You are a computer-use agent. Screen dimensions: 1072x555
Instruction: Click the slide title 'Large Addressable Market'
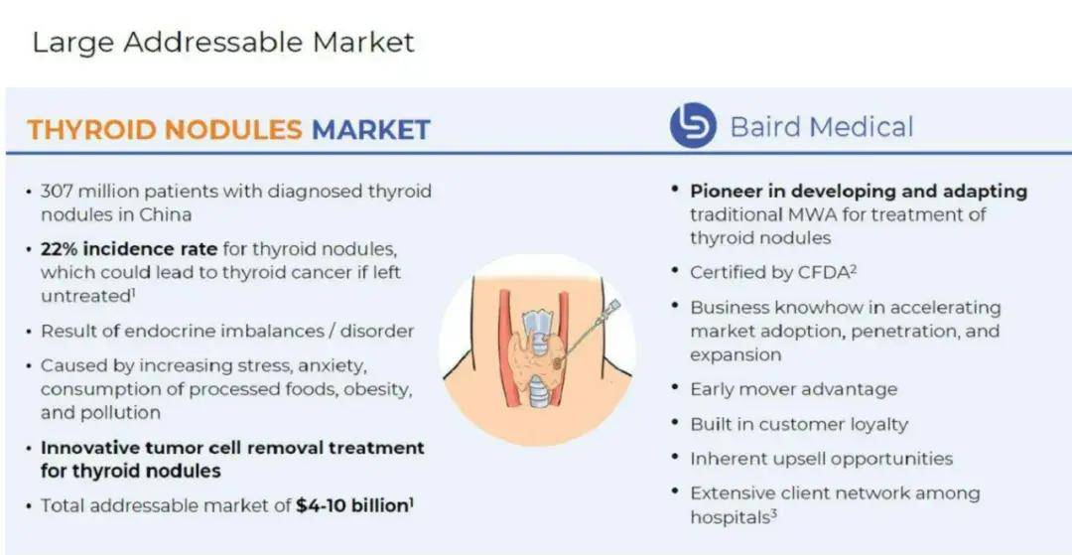[223, 43]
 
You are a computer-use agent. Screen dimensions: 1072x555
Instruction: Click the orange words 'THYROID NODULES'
[165, 129]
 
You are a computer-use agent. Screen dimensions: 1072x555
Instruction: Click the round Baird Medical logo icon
[693, 125]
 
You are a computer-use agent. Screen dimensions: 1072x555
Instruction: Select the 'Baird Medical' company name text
[822, 127]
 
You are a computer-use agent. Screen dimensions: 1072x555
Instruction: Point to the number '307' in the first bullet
[56, 191]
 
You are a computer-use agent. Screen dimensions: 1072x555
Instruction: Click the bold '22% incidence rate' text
[129, 249]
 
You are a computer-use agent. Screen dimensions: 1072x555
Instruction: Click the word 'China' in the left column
[166, 213]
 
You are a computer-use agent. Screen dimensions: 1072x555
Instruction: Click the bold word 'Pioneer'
[728, 191]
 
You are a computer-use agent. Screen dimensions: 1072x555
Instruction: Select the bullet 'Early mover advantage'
[793, 389]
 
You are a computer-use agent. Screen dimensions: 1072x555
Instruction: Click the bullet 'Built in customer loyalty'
[798, 425]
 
